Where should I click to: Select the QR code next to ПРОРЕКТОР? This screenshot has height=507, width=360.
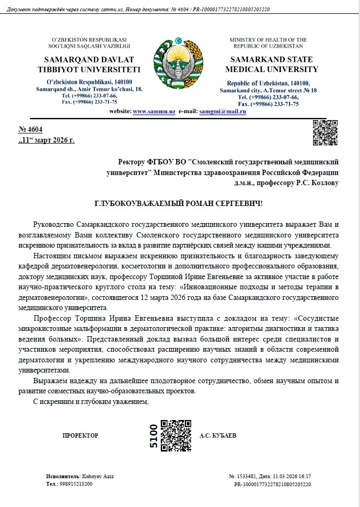coord(176,435)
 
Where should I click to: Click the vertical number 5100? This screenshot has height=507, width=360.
coord(153,435)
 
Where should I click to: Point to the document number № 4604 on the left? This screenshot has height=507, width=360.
coord(30,129)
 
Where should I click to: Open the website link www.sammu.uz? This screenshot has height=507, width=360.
coord(154,111)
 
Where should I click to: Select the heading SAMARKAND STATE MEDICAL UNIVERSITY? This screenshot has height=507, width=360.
coord(271,65)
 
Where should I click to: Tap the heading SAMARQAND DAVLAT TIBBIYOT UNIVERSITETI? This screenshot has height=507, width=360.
coord(89,65)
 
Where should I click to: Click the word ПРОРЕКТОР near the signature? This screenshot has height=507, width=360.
coord(80,435)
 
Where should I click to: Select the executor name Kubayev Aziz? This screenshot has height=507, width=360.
coord(98,476)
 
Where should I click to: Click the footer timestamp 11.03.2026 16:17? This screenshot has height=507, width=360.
coord(288,476)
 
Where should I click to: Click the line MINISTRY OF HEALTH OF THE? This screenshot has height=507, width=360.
coord(268,40)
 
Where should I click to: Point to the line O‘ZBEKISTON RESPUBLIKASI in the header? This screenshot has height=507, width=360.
coord(89,40)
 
